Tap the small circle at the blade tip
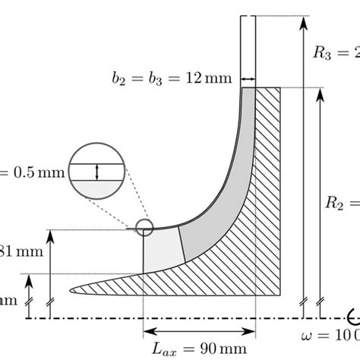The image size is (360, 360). point(144,227)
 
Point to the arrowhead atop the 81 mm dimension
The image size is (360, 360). point(50,235)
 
